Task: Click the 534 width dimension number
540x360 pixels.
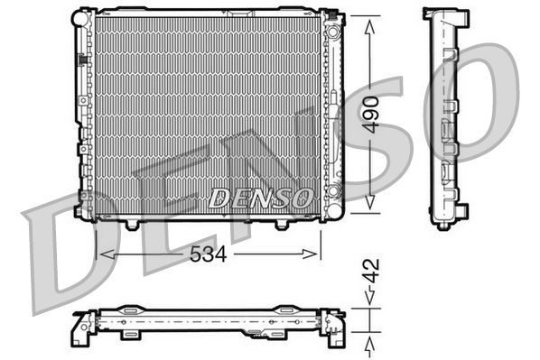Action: [x=206, y=254]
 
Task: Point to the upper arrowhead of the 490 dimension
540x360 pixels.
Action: [x=368, y=22]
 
